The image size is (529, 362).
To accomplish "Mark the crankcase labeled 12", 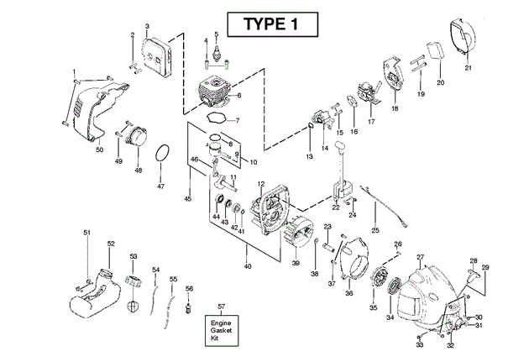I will pyautogui.click(x=272, y=210).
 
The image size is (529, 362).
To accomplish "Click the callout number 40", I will pyautogui.click(x=247, y=266).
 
